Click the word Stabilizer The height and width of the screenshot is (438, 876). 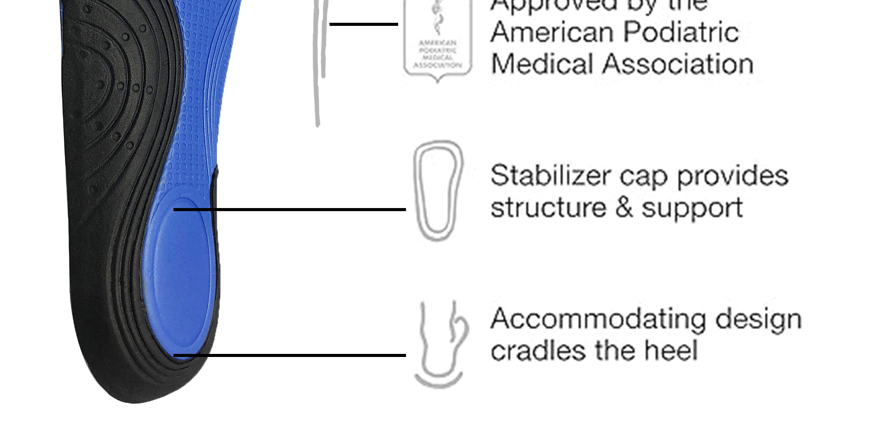pyautogui.click(x=550, y=176)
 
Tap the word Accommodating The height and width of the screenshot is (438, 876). pyautogui.click(x=598, y=320)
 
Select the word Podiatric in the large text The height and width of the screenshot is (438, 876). pyautogui.click(x=681, y=32)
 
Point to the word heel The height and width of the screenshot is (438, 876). pyautogui.click(x=671, y=351)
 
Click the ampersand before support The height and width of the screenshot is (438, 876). pyautogui.click(x=624, y=207)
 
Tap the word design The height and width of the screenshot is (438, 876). pyautogui.click(x=758, y=320)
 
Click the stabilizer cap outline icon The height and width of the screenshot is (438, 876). pyautogui.click(x=438, y=190)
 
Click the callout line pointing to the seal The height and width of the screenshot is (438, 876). pyautogui.click(x=364, y=24)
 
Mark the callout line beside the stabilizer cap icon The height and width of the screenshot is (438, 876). pyautogui.click(x=289, y=210)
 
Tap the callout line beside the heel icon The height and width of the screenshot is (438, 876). pyautogui.click(x=289, y=355)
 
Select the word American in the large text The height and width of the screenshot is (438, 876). pyautogui.click(x=552, y=32)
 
